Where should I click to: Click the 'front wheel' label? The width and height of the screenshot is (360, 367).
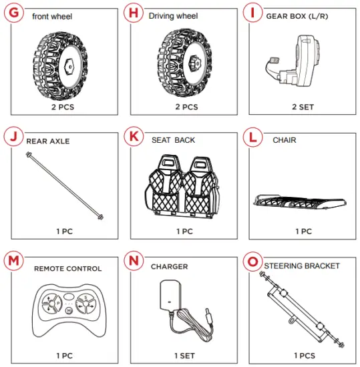pos(52,17)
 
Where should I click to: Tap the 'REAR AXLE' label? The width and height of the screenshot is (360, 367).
pos(47,141)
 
